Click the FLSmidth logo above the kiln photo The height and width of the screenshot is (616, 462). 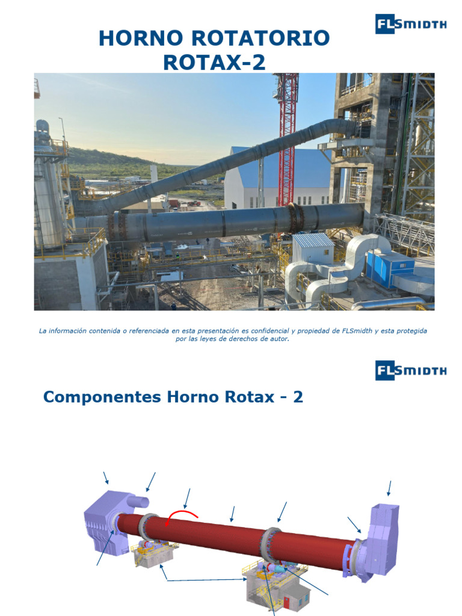point(411,24)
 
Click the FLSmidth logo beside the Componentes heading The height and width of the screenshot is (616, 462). point(411,370)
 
